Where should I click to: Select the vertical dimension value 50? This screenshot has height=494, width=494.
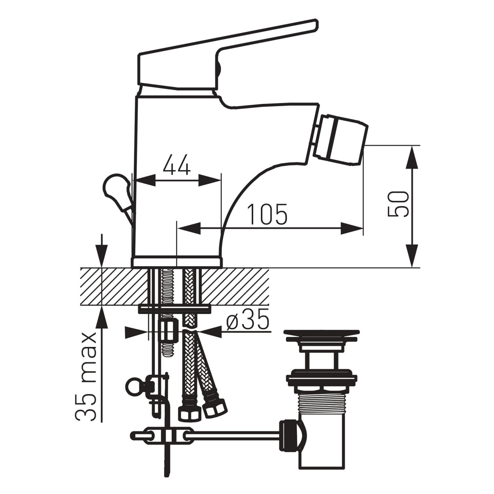tap(397, 204)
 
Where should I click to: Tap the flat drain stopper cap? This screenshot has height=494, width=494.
tap(321, 335)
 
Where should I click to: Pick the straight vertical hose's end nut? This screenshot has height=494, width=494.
tap(190, 413)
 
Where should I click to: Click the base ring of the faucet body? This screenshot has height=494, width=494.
tap(177, 262)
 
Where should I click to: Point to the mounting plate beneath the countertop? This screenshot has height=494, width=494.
tap(175, 309)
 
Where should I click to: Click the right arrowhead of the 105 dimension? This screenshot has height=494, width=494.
tap(351, 228)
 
